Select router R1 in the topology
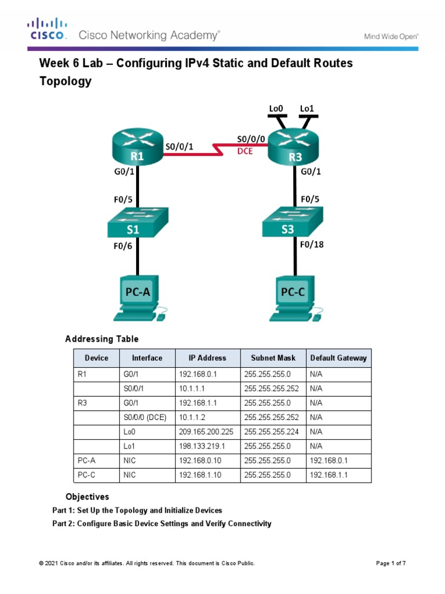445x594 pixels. pos(137,148)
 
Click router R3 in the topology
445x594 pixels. pos(294,148)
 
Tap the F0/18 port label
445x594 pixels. pos(312,245)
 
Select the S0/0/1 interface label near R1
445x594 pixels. pos(179,147)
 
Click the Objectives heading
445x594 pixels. pos(87,497)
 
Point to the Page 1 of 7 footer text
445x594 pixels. pos(395,563)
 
